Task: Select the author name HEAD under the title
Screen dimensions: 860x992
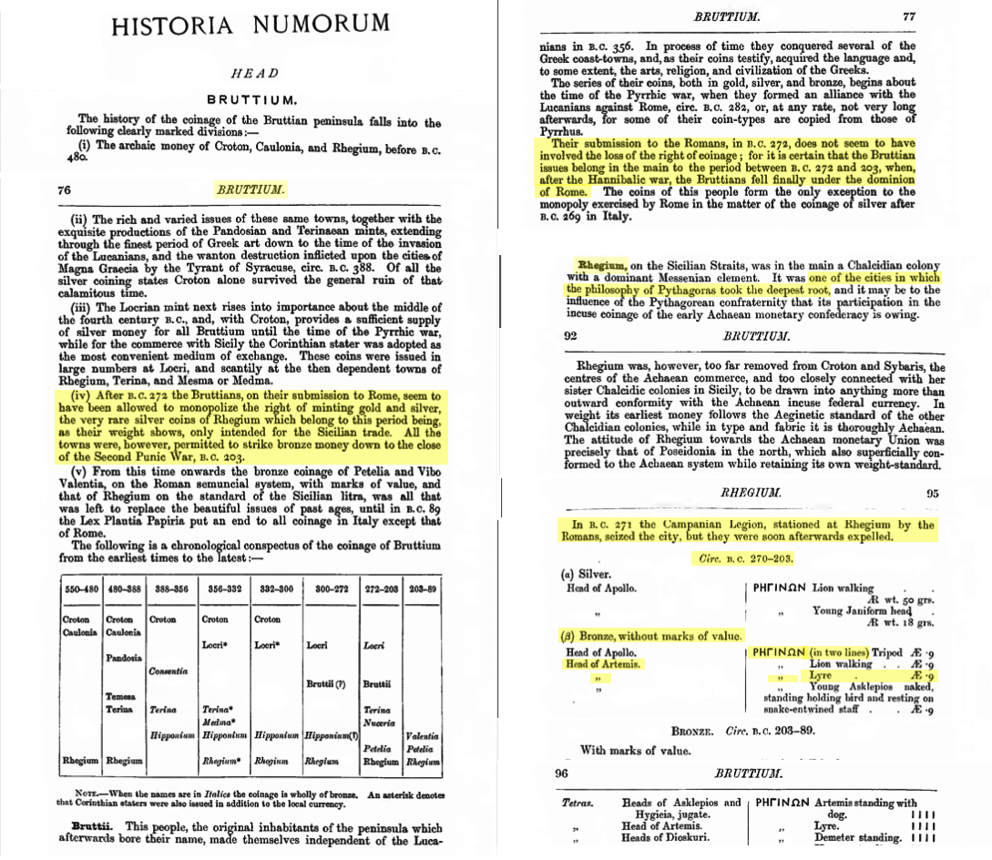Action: [254, 74]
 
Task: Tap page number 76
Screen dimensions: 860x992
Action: [64, 190]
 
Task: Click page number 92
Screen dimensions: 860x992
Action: [571, 335]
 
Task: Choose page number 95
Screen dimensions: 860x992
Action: [932, 493]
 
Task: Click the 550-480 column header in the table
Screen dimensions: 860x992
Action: [80, 589]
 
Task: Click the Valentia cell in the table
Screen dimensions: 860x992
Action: [423, 735]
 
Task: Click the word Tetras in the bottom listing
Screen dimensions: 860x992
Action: [579, 803]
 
